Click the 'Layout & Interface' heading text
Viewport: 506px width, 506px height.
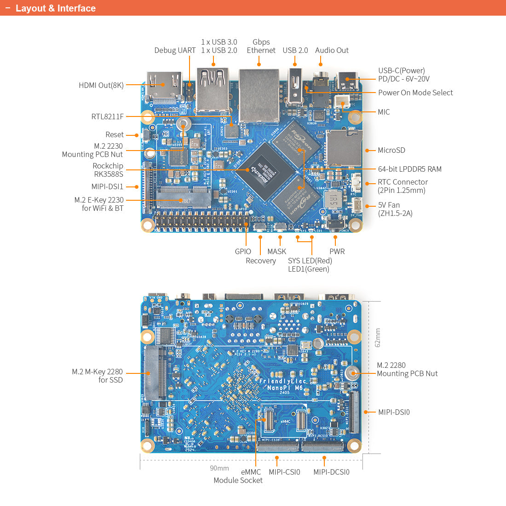click(55, 8)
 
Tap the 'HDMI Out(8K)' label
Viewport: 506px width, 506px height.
click(101, 85)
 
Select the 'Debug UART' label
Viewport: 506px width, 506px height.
click(175, 50)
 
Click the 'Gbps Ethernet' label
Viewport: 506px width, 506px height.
click(261, 46)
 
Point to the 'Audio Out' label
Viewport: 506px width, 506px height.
click(332, 50)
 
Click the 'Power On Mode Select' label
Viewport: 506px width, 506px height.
click(415, 93)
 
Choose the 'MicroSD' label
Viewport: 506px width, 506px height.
click(391, 150)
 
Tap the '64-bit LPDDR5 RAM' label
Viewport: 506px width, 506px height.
click(409, 169)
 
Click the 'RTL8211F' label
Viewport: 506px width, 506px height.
click(107, 116)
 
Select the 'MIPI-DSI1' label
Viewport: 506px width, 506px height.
click(107, 186)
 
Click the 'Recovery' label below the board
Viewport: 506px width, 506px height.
click(260, 261)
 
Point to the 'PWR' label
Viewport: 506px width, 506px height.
click(337, 251)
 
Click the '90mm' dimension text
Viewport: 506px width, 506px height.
click(219, 468)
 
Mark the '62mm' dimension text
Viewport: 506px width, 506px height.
click(378, 337)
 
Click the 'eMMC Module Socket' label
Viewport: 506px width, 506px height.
click(238, 476)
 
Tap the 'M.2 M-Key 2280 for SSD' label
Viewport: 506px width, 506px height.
click(97, 376)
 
